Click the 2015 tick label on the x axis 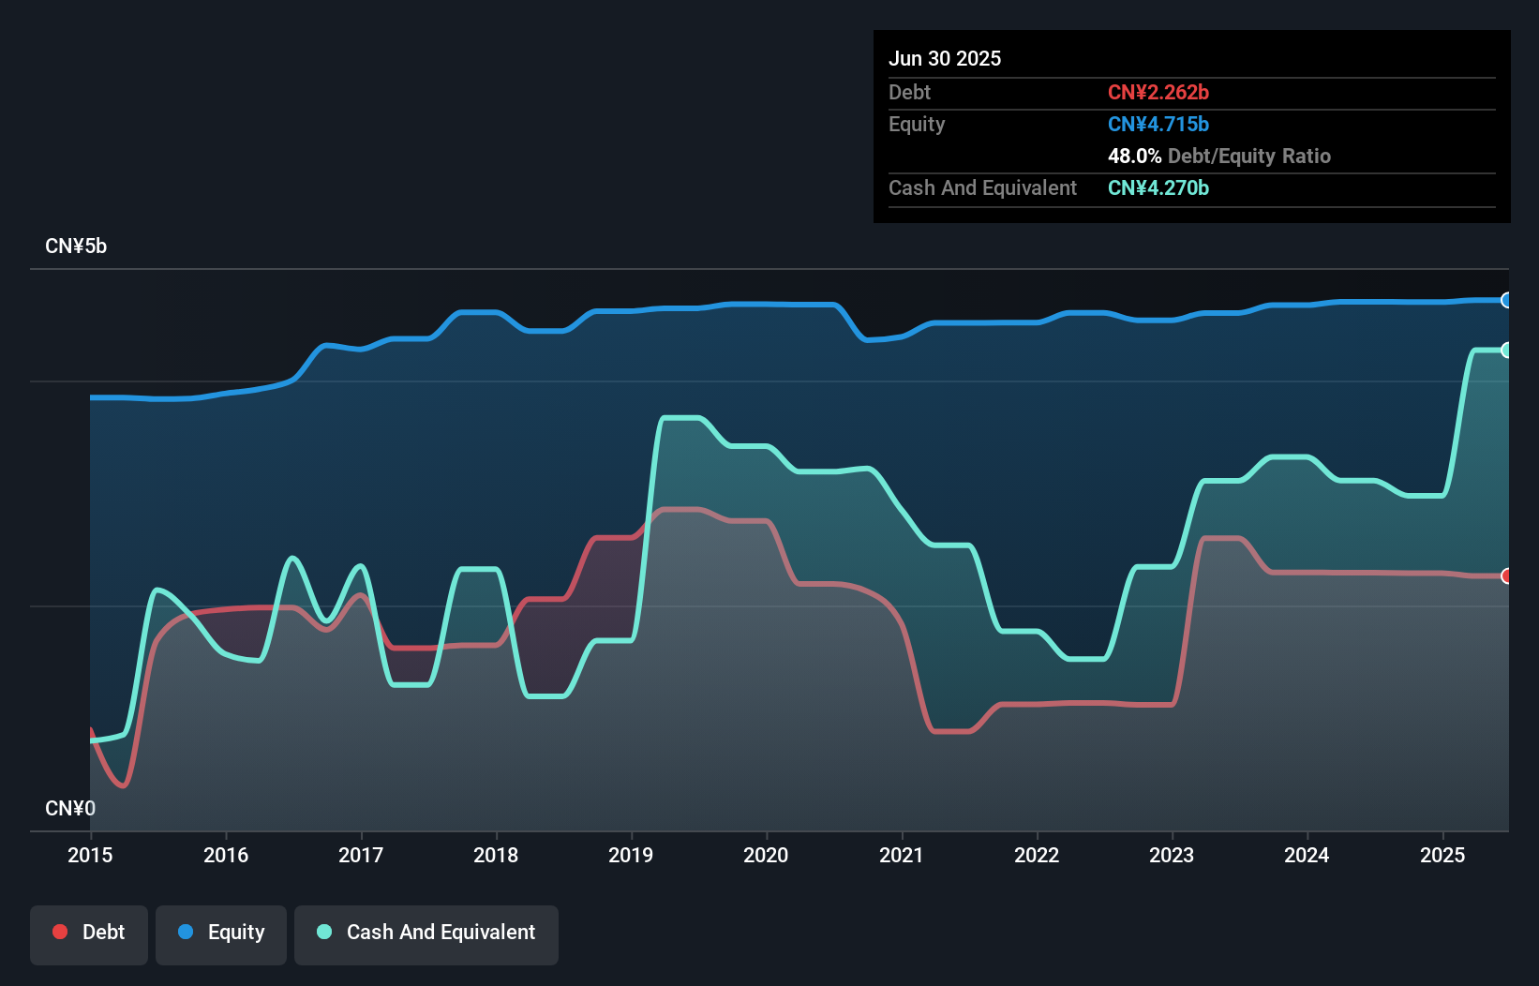click(90, 855)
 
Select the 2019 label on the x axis click(631, 855)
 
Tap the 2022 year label click(1037, 855)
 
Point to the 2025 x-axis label click(1442, 855)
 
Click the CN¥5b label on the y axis click(76, 246)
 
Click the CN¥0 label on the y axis click(70, 808)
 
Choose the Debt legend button click(89, 933)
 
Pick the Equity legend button click(221, 933)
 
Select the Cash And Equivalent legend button click(426, 933)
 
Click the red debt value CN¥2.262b click(1158, 93)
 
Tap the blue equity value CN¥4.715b click(1158, 125)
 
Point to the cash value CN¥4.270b click(1158, 188)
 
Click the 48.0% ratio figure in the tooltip click(1134, 157)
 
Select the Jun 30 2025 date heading click(945, 59)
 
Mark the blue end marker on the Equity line click(1506, 300)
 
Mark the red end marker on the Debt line click(1506, 575)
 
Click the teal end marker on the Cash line click(1506, 350)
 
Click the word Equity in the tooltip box click(917, 125)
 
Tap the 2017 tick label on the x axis click(361, 855)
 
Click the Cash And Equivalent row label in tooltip click(982, 188)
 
